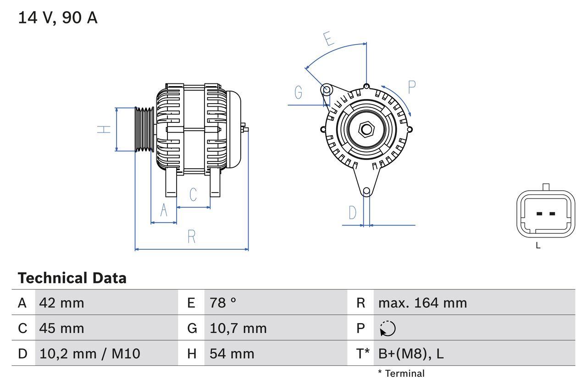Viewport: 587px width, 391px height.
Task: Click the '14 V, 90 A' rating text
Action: click(58, 18)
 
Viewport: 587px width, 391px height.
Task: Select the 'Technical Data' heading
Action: click(72, 278)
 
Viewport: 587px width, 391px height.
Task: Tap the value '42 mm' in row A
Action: click(62, 303)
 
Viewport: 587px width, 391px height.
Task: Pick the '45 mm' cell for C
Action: click(62, 328)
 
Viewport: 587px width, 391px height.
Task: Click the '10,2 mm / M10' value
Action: click(90, 354)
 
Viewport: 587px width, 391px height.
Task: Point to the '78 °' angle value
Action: click(223, 303)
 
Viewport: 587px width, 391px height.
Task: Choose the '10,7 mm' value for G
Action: click(238, 328)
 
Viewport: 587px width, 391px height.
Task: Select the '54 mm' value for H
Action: click(232, 354)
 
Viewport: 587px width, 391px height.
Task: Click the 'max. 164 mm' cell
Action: click(422, 303)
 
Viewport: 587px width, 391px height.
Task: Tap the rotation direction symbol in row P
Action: click(388, 328)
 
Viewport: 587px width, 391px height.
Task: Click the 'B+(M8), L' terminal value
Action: click(411, 354)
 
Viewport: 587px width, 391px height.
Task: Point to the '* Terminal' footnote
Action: click(401, 374)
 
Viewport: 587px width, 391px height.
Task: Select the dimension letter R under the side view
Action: click(192, 237)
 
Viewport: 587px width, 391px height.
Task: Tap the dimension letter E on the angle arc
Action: click(329, 39)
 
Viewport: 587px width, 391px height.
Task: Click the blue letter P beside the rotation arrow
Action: click(411, 87)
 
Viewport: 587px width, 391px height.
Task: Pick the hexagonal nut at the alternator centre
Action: click(366, 129)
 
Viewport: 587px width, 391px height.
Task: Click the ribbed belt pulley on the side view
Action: click(144, 129)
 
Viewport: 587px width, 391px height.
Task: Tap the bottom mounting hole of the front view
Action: click(366, 191)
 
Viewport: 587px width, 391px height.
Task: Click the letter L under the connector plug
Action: click(538, 246)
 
